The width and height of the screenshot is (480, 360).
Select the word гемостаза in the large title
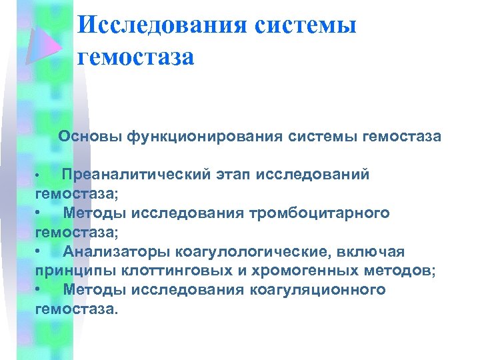136,57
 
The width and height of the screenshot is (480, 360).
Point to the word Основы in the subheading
90,137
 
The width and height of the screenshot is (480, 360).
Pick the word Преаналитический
137,175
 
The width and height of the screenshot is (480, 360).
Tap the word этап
237,175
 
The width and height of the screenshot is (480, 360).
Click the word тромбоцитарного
319,213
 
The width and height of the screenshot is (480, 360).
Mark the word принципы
69,271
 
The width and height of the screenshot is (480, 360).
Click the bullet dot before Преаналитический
41,176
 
